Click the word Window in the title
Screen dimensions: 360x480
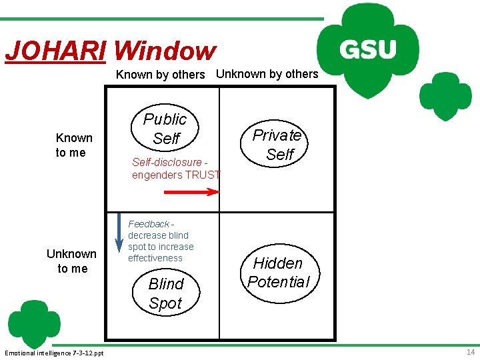[x=165, y=51]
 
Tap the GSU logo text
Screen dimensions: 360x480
[x=369, y=49]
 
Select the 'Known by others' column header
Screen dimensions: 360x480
[x=160, y=75]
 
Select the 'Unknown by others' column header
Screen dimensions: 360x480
[x=267, y=74]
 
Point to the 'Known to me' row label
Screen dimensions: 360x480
[x=74, y=145]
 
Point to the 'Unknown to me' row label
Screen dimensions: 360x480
[x=71, y=261]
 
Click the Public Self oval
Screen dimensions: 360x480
[x=166, y=129]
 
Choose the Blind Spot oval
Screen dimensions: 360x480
[x=166, y=293]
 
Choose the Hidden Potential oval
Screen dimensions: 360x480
[x=279, y=272]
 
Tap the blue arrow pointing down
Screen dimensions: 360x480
[x=118, y=235]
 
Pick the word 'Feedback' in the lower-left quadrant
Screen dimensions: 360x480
[x=148, y=224]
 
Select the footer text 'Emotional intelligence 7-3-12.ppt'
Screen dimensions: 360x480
[x=54, y=352]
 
